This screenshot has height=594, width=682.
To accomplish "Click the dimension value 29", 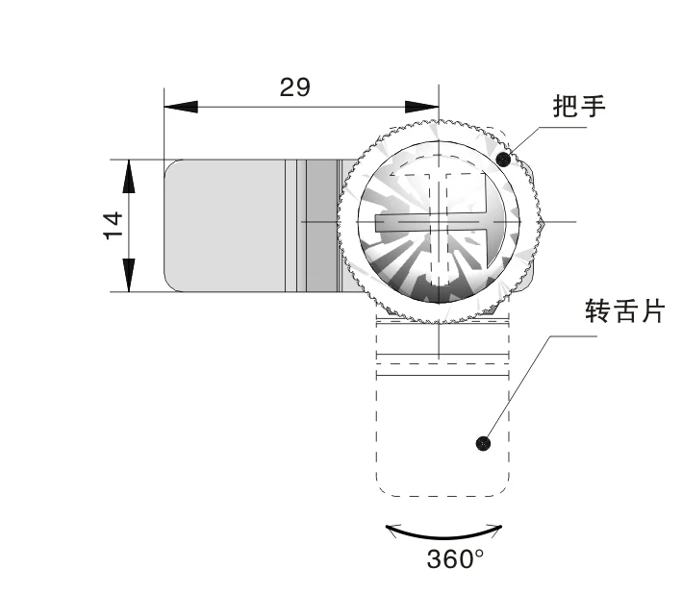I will (295, 87).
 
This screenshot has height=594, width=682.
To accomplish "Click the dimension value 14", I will (114, 225).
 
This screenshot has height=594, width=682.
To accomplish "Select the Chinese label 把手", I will (579, 107).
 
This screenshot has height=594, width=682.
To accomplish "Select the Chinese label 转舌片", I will (624, 312).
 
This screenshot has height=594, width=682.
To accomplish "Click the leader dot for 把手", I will (503, 159).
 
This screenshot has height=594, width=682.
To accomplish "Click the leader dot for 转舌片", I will (483, 443).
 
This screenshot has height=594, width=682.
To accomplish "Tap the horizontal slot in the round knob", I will (438, 225).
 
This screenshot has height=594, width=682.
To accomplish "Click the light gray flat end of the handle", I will (223, 225).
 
